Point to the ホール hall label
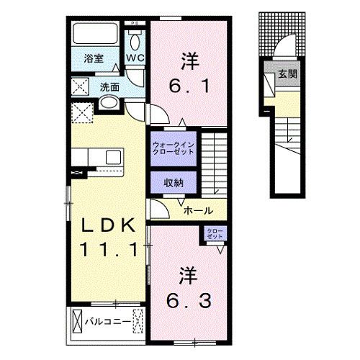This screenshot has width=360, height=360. click(x=197, y=211)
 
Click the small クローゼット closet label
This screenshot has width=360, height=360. click(x=215, y=234)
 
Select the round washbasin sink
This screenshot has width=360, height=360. click(x=108, y=104)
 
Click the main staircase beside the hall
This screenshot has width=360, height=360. click(x=215, y=161)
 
